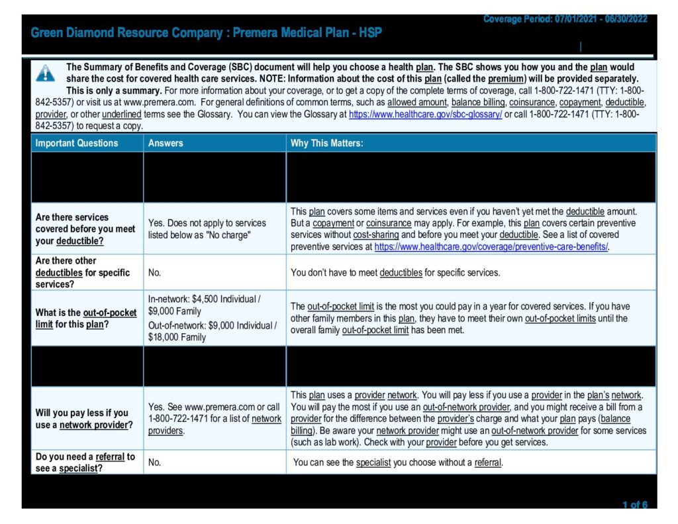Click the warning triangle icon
pos(45,73)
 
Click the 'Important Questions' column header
pos(77,143)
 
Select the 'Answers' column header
pos(166,143)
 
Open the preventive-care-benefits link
pos(491,247)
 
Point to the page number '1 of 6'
pos(634,505)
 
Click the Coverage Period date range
pos(565,19)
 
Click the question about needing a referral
pos(85,462)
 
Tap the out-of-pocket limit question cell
pos(86,319)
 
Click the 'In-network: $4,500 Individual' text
pos(204,299)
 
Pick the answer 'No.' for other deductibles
pos(155,272)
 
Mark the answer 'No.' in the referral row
pos(155,462)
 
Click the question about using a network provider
pos(82,419)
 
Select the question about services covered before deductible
pos(85,229)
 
